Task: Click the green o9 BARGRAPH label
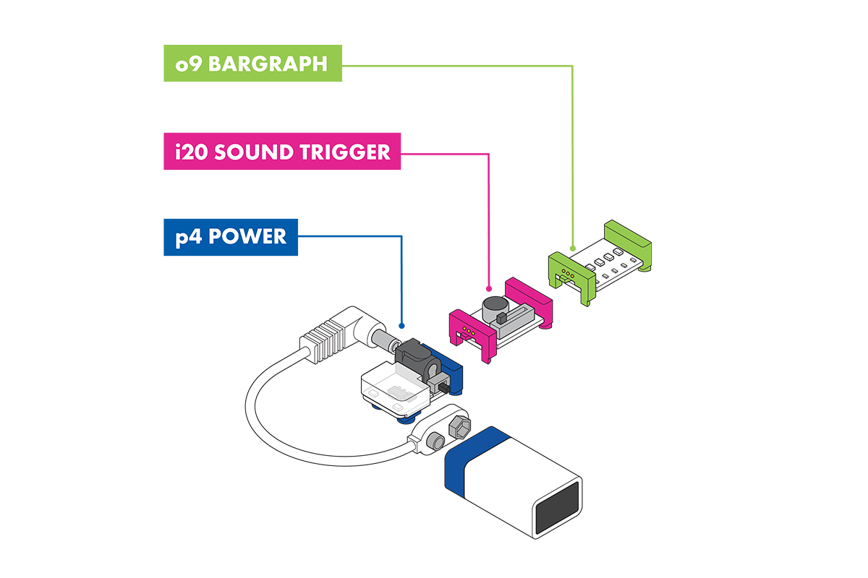[x=252, y=63]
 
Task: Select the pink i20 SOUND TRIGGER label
[x=282, y=152]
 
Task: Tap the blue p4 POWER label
[x=231, y=237]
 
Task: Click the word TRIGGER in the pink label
[x=345, y=152]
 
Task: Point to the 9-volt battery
[x=514, y=483]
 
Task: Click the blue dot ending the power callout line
[x=401, y=326]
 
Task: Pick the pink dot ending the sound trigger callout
[x=489, y=289]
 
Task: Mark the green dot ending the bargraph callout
[x=573, y=249]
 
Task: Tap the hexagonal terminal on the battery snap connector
[x=459, y=428]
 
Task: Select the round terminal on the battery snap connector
[x=435, y=441]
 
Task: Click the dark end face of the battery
[x=556, y=508]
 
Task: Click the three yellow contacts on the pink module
[x=469, y=331]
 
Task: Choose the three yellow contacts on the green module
[x=568, y=274]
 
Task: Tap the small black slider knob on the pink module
[x=501, y=318]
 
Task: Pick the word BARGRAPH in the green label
[x=268, y=64]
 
